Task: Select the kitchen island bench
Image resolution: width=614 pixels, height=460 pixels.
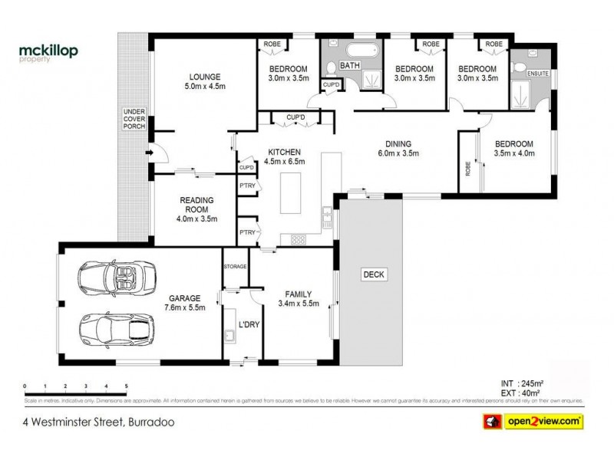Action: point(292,195)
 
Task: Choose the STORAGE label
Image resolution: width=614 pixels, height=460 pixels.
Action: point(235,266)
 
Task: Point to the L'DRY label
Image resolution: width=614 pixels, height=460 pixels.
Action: point(249,325)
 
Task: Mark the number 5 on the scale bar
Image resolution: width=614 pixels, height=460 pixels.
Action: point(127,386)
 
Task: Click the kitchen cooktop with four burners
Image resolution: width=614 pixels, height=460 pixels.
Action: point(298,239)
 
